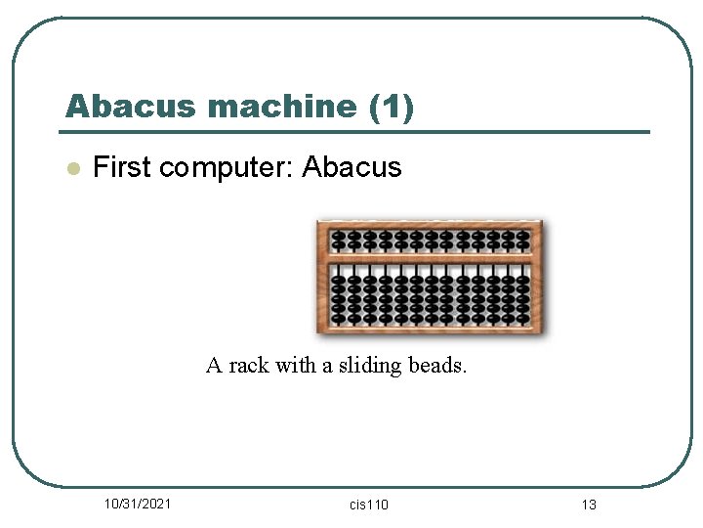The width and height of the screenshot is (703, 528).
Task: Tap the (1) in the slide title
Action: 393,107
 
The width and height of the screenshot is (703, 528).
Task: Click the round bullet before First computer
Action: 71,168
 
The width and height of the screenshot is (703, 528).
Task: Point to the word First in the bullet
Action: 121,167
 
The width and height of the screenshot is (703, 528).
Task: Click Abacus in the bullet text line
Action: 351,167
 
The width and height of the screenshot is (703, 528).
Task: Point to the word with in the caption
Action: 295,366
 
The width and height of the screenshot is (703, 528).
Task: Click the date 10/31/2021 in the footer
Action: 138,504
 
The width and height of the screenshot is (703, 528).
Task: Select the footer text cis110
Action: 368,505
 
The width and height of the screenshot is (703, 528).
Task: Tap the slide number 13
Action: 588,505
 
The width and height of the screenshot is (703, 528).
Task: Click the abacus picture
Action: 431,277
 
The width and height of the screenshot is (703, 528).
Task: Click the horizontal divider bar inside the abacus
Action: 431,257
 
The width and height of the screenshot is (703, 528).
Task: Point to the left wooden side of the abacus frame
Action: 323,277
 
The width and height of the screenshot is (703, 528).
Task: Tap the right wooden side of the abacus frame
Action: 538,277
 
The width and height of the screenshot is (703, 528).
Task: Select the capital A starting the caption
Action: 214,366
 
